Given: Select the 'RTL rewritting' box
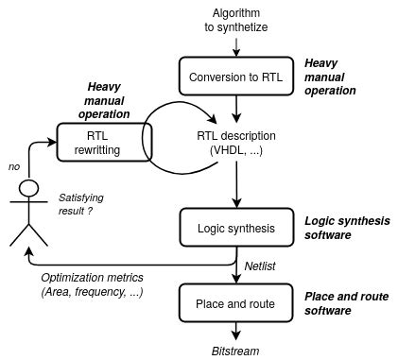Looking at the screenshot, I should coord(104,143).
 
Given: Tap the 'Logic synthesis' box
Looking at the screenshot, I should coord(234,228).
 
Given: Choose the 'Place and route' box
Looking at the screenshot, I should coord(234,303).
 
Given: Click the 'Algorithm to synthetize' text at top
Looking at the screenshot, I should coord(234,19).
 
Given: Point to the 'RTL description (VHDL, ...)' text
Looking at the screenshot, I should coord(236,144).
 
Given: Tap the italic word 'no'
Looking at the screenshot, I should coord(13,166).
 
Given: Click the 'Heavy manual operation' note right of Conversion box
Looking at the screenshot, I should coord(330,77).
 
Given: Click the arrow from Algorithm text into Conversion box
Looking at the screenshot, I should coord(235,47).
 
